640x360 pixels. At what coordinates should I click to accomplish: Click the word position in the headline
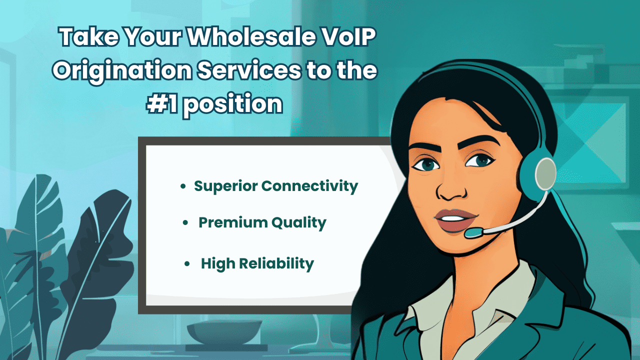232,104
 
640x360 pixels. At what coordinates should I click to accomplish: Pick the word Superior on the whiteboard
225,186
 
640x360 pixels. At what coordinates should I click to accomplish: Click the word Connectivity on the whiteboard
309,186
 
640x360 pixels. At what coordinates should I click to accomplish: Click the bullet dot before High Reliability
187,263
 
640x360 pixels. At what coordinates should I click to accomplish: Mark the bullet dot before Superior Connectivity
183,186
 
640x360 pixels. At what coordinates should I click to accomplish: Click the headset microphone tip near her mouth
472,233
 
